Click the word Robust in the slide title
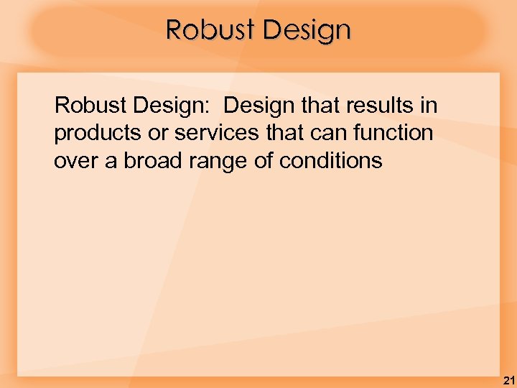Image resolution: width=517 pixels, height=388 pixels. click(210, 30)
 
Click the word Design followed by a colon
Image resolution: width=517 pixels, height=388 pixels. click(174, 106)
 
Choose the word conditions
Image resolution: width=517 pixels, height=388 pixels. click(331, 161)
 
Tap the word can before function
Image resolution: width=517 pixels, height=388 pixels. click(330, 134)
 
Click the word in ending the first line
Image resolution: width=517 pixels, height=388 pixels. click(429, 106)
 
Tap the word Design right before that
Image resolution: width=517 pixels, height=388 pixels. click(258, 106)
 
